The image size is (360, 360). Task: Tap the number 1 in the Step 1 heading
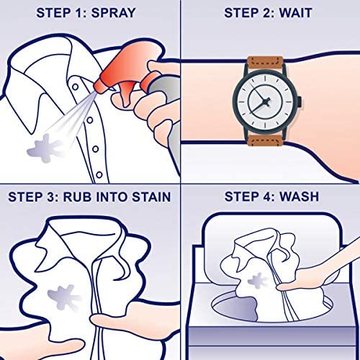coord(78,13)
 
